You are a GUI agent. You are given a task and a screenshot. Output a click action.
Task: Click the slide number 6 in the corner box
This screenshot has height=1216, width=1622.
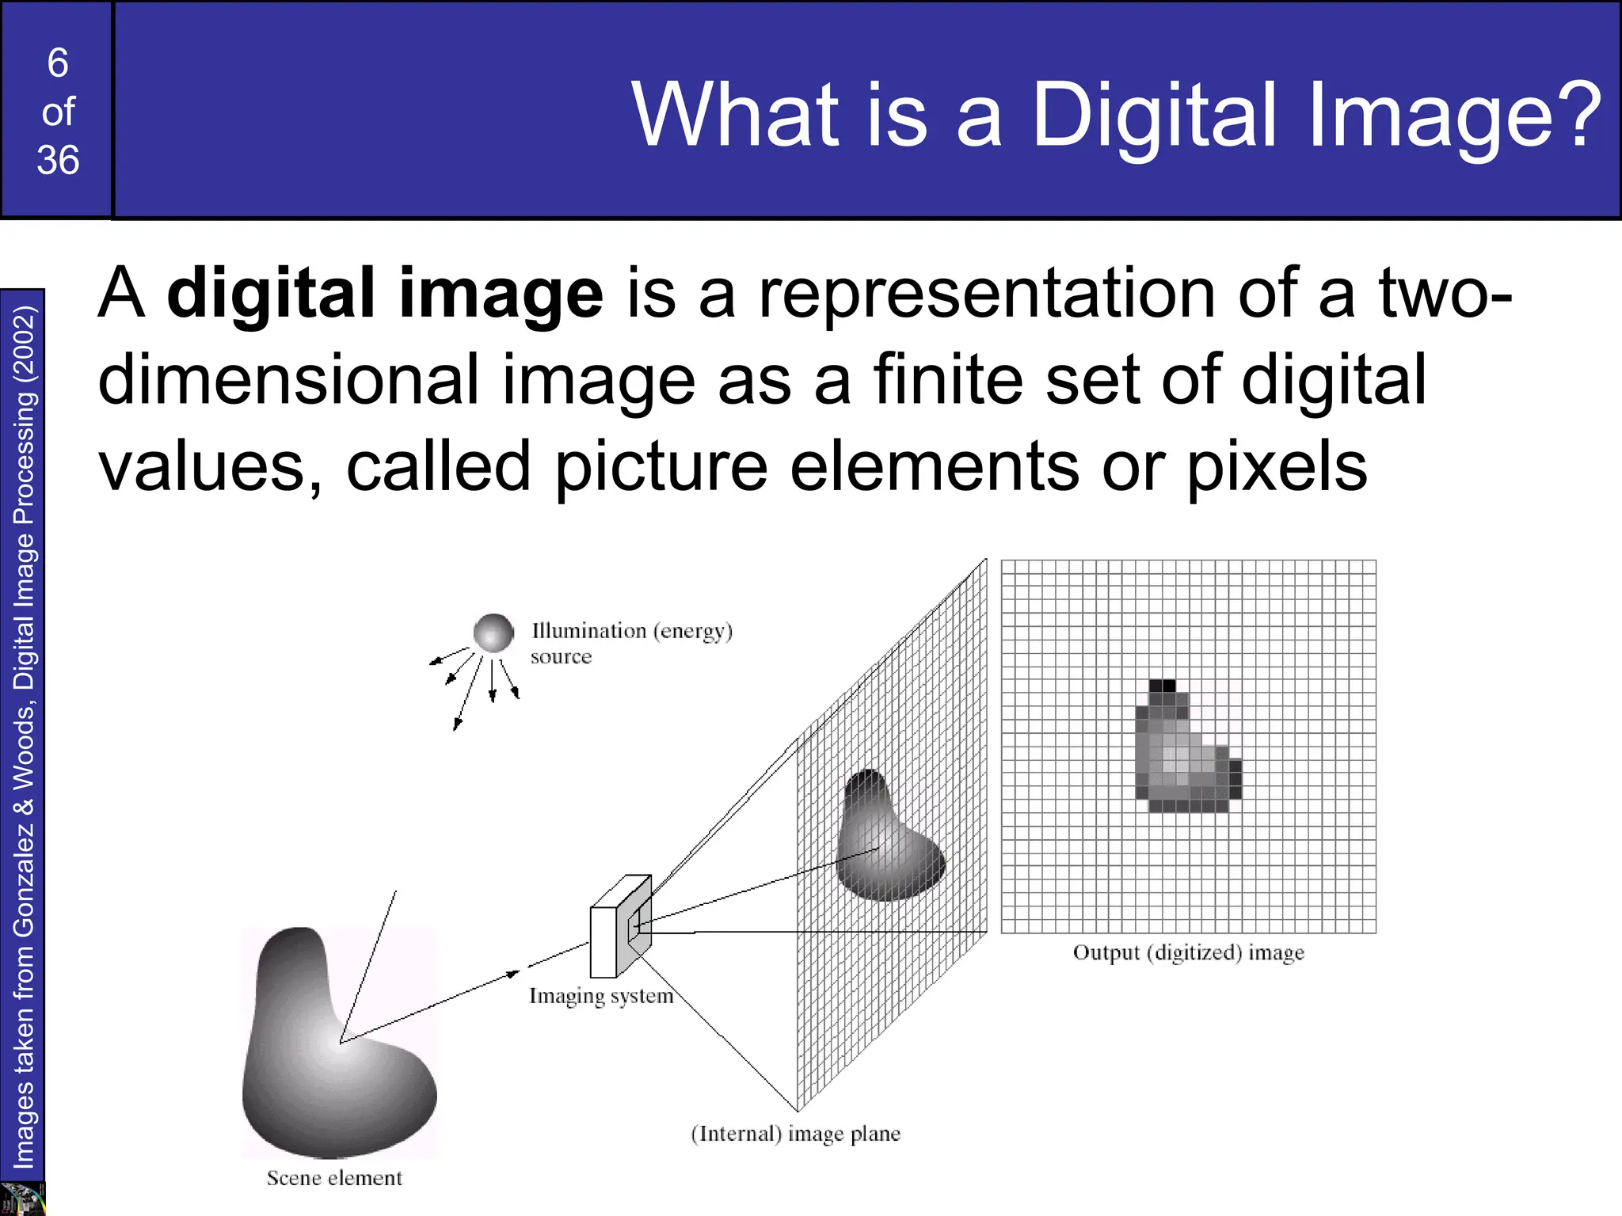(58, 63)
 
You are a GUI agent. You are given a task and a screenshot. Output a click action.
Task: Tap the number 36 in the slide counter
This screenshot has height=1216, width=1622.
(58, 161)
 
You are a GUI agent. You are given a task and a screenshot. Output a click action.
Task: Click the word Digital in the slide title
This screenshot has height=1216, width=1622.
(1153, 116)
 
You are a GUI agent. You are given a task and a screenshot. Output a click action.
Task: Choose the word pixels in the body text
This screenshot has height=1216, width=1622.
(1277, 467)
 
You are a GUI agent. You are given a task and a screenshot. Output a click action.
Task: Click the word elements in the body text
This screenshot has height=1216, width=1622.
(934, 467)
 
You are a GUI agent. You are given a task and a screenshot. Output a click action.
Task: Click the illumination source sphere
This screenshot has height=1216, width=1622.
(493, 633)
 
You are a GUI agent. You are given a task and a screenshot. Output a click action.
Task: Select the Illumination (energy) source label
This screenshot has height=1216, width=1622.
(631, 643)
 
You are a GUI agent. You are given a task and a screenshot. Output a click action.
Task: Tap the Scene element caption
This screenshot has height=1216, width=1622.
(334, 1178)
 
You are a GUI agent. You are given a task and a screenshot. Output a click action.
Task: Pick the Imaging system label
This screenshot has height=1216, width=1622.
(601, 996)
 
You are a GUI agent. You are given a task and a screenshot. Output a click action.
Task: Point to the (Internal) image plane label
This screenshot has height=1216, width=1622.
(795, 1134)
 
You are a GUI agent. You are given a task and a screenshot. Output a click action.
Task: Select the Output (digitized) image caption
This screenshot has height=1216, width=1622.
(1188, 952)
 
